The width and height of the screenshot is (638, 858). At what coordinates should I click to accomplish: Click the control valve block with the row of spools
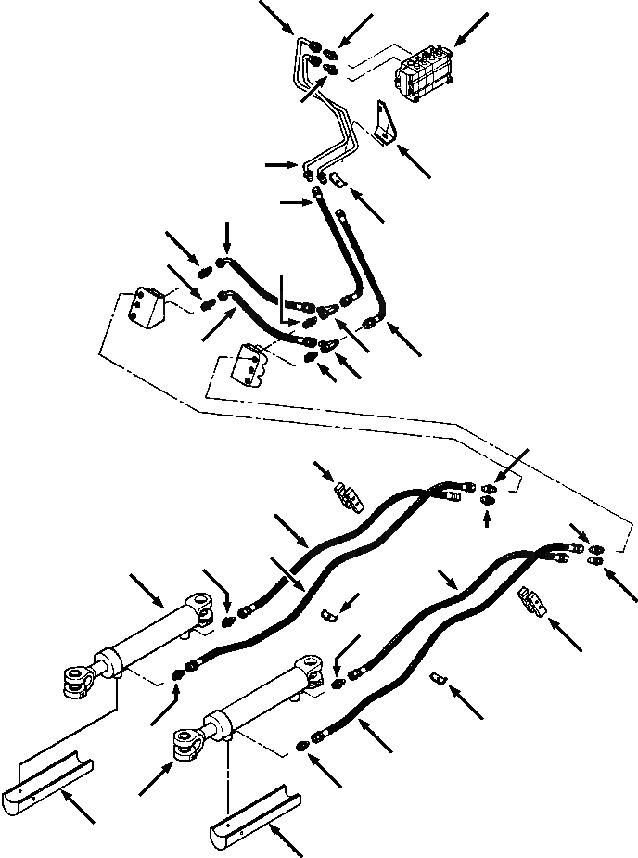tap(425, 70)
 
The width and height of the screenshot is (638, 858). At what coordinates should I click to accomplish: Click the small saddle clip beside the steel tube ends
tap(338, 177)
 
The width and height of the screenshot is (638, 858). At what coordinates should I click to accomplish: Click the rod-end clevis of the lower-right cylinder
tap(189, 742)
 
